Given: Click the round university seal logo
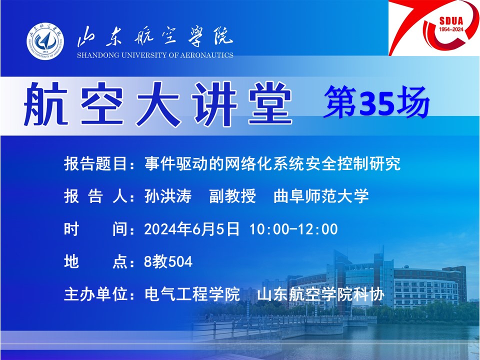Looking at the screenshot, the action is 45,41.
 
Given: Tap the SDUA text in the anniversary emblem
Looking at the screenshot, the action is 451,21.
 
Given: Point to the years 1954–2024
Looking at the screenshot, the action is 451,29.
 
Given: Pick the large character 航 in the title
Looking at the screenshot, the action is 46,103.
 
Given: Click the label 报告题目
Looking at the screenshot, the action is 95,163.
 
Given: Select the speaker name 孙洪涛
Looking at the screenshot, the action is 168,196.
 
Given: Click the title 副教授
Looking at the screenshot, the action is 232,196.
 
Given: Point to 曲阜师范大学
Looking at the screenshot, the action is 321,196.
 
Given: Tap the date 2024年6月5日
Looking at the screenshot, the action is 192,229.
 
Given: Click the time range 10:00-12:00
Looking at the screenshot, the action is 294,229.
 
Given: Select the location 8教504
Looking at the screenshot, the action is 168,261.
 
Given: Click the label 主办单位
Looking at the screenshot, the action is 95,294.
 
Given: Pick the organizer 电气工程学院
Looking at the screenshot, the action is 192,294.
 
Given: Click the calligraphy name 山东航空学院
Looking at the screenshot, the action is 155,36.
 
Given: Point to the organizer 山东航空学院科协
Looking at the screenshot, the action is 321,294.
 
